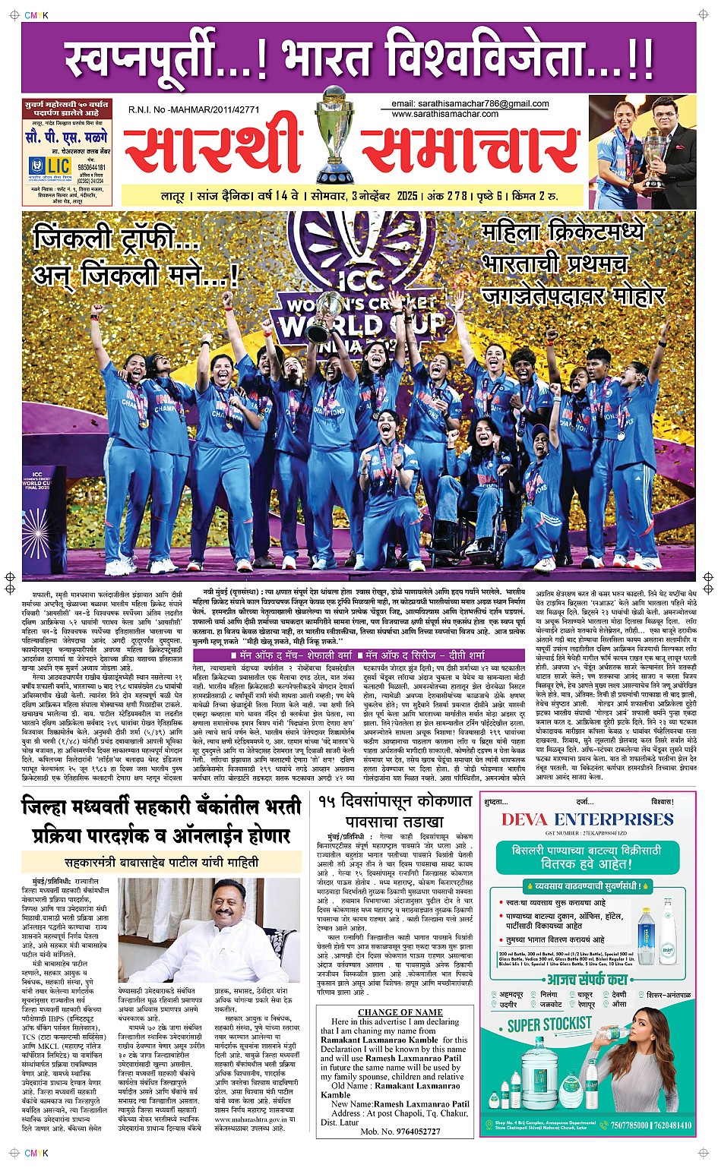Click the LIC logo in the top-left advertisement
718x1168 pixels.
point(49,166)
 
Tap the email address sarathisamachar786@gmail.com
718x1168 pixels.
point(470,104)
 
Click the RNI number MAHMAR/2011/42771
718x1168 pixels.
point(194,110)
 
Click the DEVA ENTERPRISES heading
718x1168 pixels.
point(587,819)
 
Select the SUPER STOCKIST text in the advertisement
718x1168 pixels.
point(549,1026)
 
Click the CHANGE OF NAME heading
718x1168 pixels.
point(400,1012)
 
